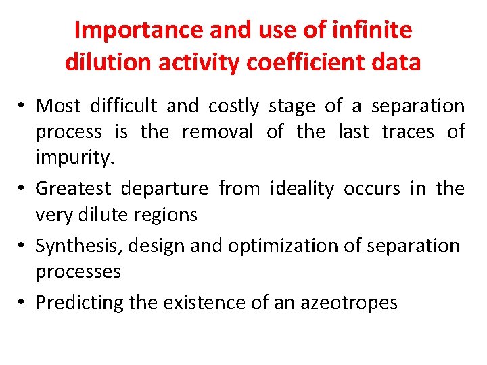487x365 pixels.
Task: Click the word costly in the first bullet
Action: (233, 106)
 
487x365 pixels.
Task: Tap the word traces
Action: (409, 131)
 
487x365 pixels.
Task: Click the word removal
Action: (218, 131)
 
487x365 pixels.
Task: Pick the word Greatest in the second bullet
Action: (75, 188)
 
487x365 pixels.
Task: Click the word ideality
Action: (302, 188)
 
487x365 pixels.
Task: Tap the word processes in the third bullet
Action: (78, 272)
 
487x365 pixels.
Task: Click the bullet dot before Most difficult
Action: (23, 107)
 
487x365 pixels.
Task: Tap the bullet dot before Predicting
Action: (23, 303)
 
